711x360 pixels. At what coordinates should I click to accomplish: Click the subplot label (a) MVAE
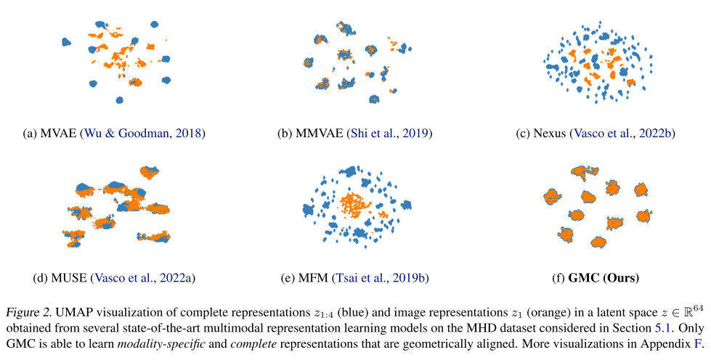coord(50,133)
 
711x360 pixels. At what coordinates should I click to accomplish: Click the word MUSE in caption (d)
coord(69,278)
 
